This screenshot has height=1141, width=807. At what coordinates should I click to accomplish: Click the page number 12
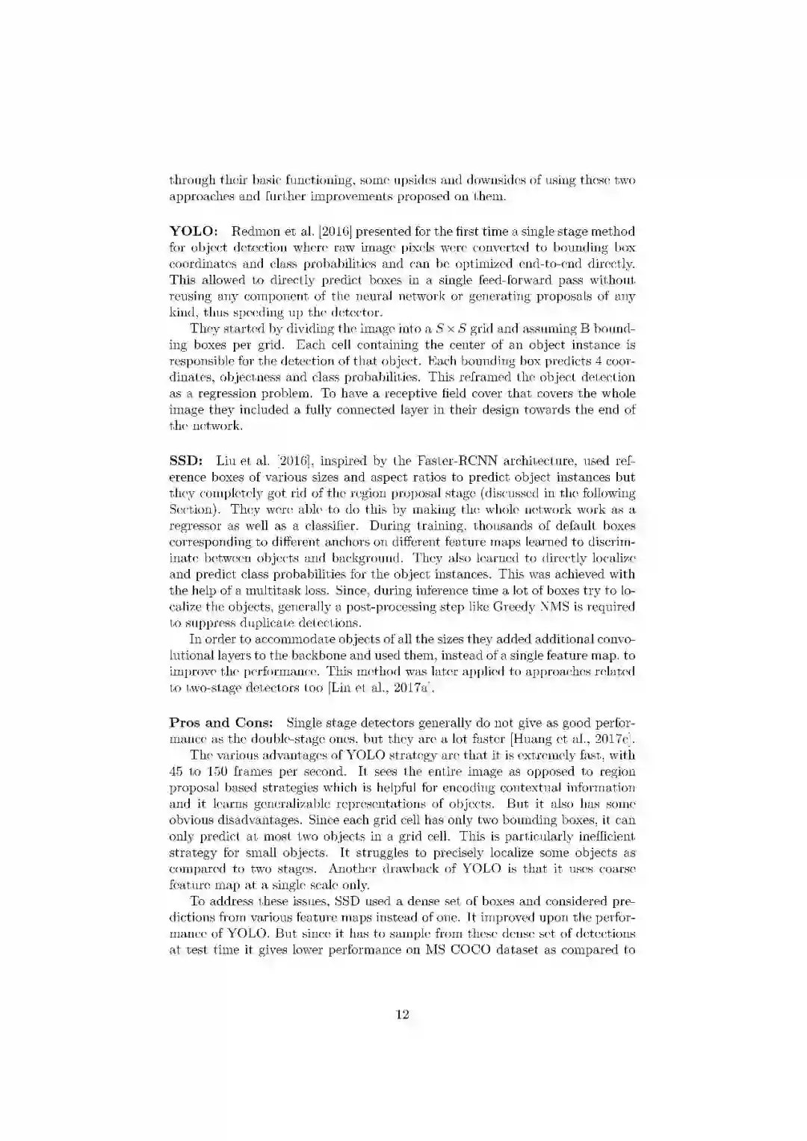pyautogui.click(x=402, y=1014)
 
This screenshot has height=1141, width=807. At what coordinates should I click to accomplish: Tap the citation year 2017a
pyautogui.click(x=405, y=688)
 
